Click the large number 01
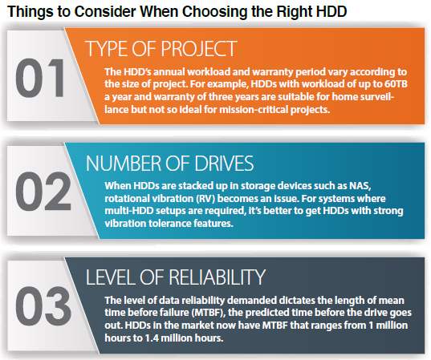click(40, 78)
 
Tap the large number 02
click(43, 191)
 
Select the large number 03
click(43, 306)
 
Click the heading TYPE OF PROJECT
click(161, 49)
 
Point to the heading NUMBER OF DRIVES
click(169, 164)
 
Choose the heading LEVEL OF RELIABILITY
click(176, 277)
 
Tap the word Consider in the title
click(105, 11)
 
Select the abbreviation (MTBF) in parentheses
click(209, 313)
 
